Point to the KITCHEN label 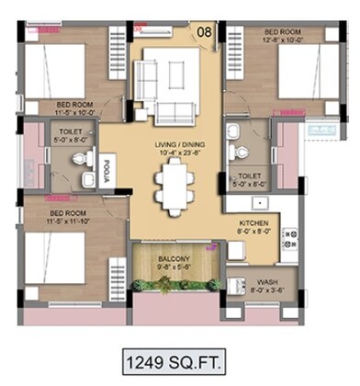254,223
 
